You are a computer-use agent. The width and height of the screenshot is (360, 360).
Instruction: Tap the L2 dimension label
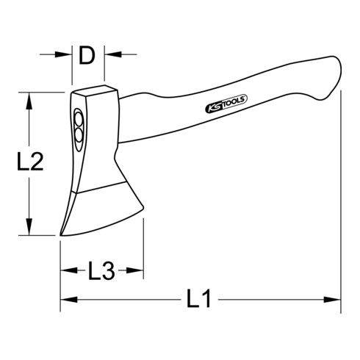27,163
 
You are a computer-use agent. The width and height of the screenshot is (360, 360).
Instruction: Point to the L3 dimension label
101,273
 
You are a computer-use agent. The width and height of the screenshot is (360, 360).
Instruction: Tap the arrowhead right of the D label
111,54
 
